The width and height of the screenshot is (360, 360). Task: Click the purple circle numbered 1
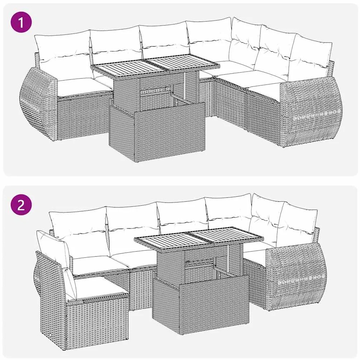[x=21, y=22]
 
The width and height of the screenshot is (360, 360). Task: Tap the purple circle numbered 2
[x=21, y=205]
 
